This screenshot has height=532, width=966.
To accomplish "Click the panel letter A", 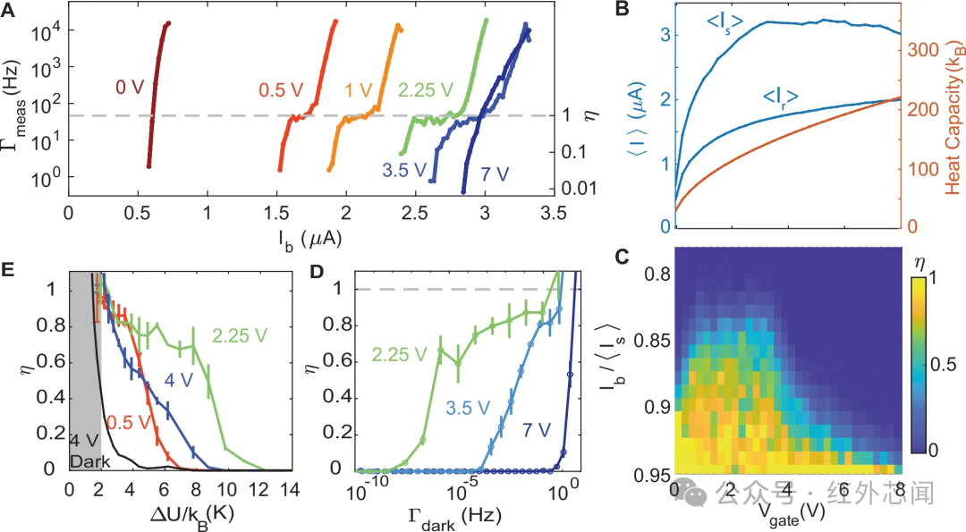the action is [x=8, y=10].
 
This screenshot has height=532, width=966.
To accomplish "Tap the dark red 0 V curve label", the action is [x=130, y=88].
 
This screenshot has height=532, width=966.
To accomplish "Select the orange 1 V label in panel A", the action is [x=359, y=90].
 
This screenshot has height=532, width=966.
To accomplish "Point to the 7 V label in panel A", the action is [x=495, y=173].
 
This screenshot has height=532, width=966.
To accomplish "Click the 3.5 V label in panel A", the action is [x=404, y=169].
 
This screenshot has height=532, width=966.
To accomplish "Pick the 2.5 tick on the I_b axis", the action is [x=415, y=213].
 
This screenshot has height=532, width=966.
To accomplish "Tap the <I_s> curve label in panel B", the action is [x=724, y=22].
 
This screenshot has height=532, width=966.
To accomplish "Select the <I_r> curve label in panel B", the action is [x=781, y=97].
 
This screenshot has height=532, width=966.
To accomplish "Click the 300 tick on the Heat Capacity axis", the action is [x=923, y=50].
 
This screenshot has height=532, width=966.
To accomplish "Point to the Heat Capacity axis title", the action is [x=953, y=117].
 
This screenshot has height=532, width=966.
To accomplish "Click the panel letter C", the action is [x=623, y=256].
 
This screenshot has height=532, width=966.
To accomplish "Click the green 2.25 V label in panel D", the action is [x=399, y=354].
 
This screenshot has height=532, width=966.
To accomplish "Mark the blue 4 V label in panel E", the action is [x=178, y=379].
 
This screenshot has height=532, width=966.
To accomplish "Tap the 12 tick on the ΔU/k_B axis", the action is [x=258, y=489].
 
